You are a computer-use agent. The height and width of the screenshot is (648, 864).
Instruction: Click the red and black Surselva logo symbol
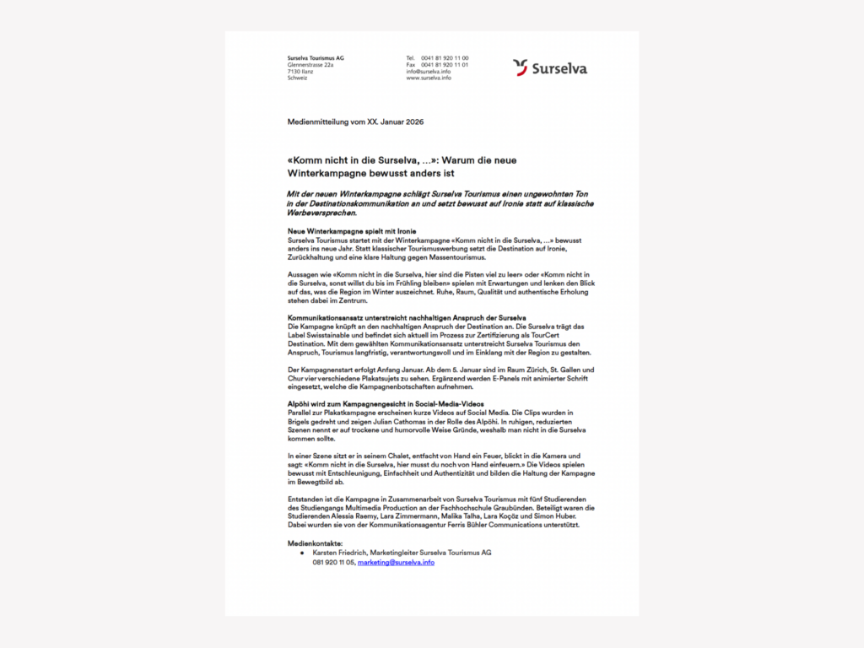pyautogui.click(x=521, y=67)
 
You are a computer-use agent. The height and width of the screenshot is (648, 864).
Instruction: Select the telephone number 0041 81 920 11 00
pyautogui.click(x=445, y=58)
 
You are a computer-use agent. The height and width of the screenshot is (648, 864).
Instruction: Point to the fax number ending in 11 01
pyautogui.click(x=445, y=65)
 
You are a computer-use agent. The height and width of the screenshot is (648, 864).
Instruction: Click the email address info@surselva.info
pyautogui.click(x=429, y=72)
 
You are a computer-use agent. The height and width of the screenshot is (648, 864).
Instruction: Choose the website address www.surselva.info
pyautogui.click(x=429, y=78)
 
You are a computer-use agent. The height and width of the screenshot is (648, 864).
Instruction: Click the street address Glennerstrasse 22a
pyautogui.click(x=310, y=65)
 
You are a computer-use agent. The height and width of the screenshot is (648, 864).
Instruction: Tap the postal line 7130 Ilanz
pyautogui.click(x=300, y=72)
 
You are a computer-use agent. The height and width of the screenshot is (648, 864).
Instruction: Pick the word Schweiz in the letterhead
pyautogui.click(x=297, y=78)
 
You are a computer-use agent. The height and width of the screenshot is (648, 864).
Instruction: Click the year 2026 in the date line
pyautogui.click(x=414, y=122)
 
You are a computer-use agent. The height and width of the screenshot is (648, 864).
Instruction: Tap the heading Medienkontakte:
pyautogui.click(x=316, y=543)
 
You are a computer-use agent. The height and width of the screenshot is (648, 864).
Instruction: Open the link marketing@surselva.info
pyautogui.click(x=396, y=562)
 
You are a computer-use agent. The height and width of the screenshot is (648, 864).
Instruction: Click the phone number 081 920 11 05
pyautogui.click(x=333, y=562)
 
